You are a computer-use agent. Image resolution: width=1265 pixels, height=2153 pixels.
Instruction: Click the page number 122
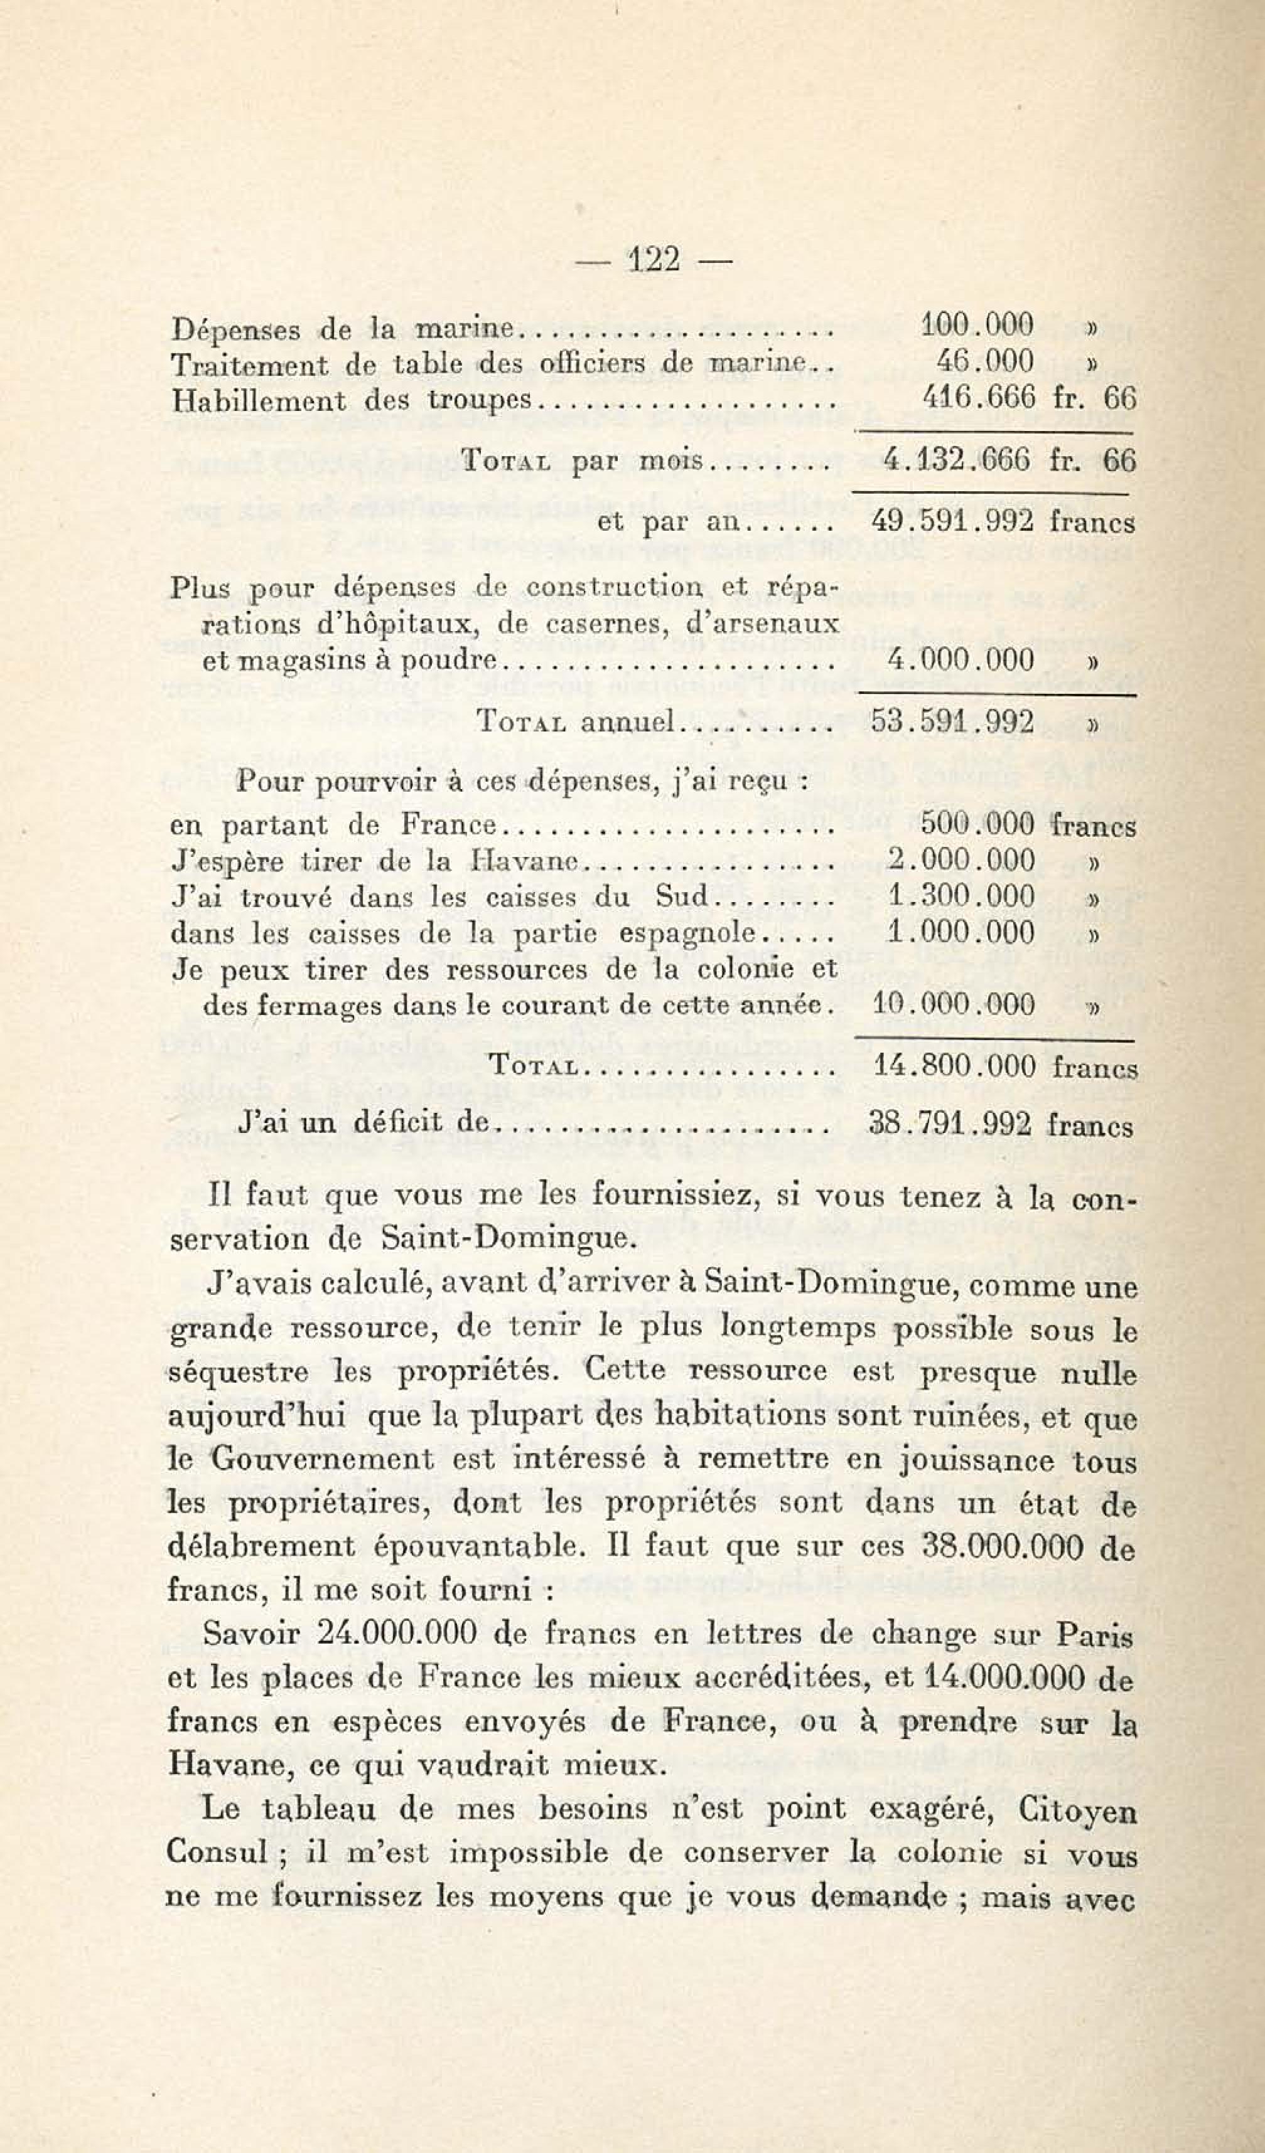[x=654, y=259]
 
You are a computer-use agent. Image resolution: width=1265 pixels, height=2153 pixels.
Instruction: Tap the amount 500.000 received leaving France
[x=977, y=824]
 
